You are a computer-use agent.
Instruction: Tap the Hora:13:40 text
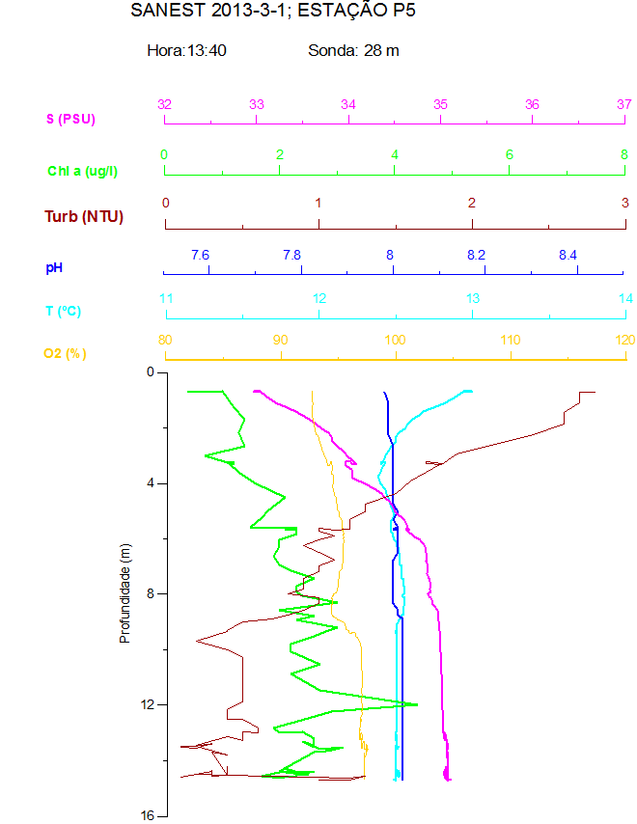click(186, 51)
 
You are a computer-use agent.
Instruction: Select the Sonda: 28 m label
click(353, 51)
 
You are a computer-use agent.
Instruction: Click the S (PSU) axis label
click(71, 120)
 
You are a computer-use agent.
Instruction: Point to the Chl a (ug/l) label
click(83, 171)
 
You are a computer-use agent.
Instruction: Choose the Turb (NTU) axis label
click(84, 216)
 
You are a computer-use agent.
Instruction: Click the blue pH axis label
click(54, 266)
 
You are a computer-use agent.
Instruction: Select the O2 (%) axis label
click(65, 353)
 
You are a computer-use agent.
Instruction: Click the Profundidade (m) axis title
click(125, 592)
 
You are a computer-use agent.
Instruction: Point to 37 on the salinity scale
click(623, 104)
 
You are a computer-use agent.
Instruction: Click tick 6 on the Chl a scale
click(510, 154)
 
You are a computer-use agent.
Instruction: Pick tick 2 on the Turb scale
click(472, 203)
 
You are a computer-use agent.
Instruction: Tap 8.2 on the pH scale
click(476, 255)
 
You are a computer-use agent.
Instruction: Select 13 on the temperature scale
click(473, 298)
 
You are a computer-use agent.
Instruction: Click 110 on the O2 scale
click(511, 340)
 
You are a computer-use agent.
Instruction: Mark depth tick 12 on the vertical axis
click(148, 705)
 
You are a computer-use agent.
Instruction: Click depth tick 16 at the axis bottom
click(148, 816)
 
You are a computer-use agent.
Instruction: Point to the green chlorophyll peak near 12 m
click(416, 704)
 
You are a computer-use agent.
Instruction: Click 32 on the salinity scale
click(164, 104)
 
